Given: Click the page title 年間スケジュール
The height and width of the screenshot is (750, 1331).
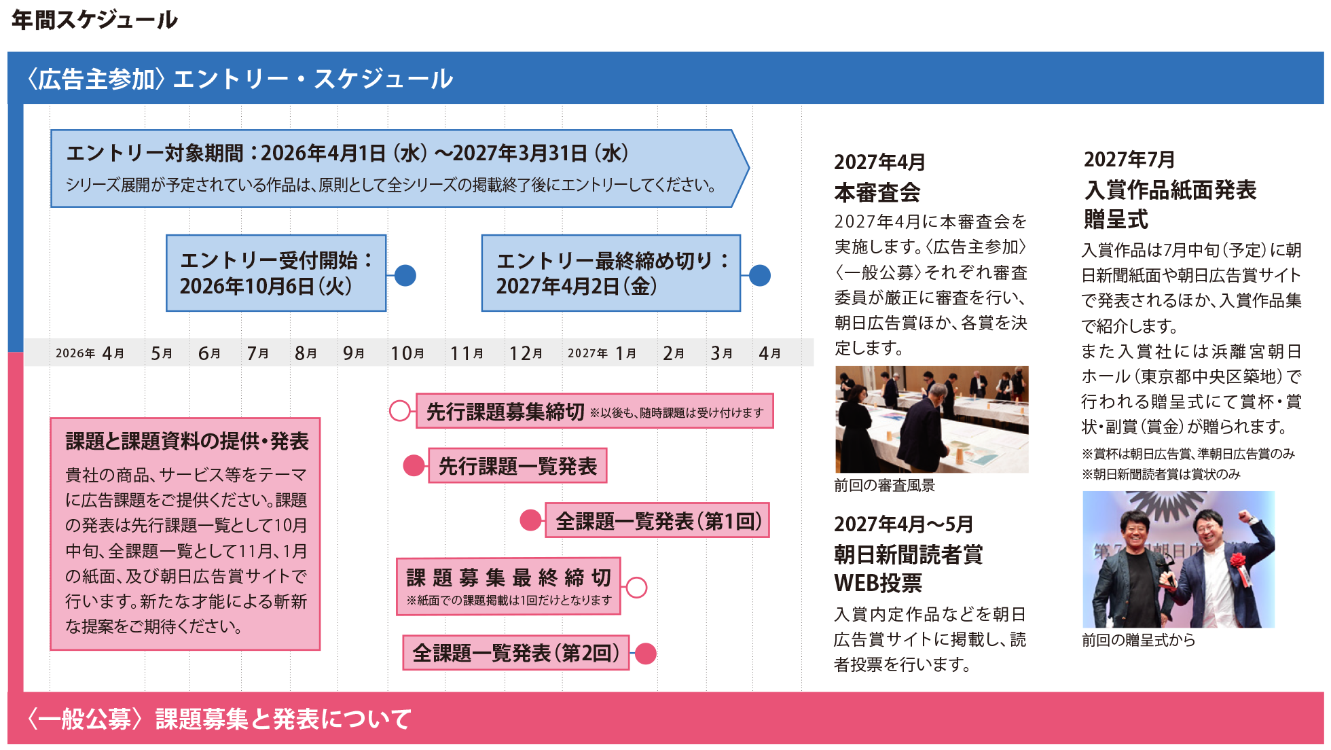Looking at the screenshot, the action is click(94, 20).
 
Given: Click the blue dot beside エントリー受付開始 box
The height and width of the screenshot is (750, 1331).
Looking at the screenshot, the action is click(405, 275).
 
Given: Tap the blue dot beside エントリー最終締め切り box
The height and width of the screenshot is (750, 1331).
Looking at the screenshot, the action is click(760, 275).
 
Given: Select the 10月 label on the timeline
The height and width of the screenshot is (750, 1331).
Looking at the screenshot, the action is click(407, 353).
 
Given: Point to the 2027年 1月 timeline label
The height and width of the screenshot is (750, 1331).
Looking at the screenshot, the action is click(602, 353).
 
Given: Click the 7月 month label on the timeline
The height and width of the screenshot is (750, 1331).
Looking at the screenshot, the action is click(257, 353).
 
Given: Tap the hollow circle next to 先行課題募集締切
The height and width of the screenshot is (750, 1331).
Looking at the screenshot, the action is click(400, 410).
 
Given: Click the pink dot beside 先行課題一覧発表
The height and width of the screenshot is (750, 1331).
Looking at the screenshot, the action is click(414, 465).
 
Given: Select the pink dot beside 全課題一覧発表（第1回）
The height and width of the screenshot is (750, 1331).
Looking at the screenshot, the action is click(531, 520).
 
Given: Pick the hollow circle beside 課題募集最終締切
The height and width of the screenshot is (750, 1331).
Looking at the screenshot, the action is click(636, 587).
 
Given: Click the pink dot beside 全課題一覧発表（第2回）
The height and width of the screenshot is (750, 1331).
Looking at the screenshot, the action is click(645, 654).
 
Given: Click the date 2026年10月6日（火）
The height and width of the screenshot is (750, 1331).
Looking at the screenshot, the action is click(266, 286).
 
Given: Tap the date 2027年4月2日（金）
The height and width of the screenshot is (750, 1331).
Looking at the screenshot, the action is click(577, 286).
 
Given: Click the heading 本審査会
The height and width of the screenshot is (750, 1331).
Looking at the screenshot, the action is click(877, 192).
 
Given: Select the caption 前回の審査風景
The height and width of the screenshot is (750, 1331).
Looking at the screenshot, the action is click(884, 485).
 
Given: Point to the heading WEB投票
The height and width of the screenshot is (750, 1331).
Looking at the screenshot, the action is click(878, 583).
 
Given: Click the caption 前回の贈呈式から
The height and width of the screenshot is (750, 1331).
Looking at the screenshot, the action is click(1138, 640).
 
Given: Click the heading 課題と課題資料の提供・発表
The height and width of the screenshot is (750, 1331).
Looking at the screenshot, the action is click(187, 442).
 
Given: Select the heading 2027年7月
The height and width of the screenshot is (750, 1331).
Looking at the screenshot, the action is click(1129, 159).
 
